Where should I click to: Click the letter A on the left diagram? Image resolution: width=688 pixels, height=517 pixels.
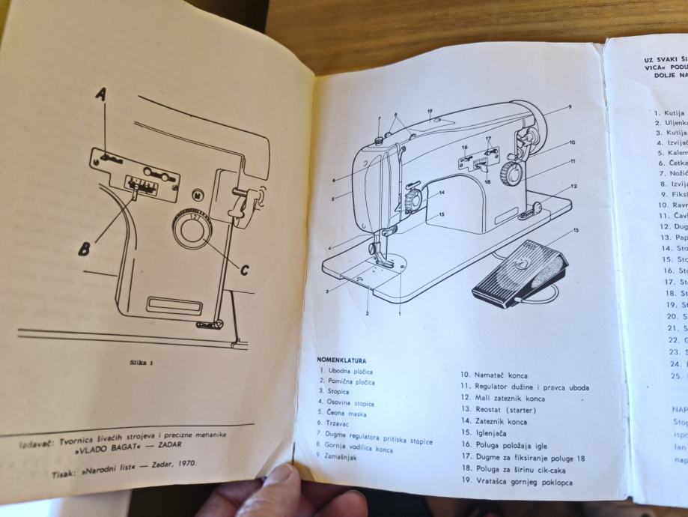point(101,94)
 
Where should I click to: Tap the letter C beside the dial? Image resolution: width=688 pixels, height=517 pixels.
point(245,270)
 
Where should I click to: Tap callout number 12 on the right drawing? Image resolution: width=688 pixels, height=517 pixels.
point(573,186)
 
